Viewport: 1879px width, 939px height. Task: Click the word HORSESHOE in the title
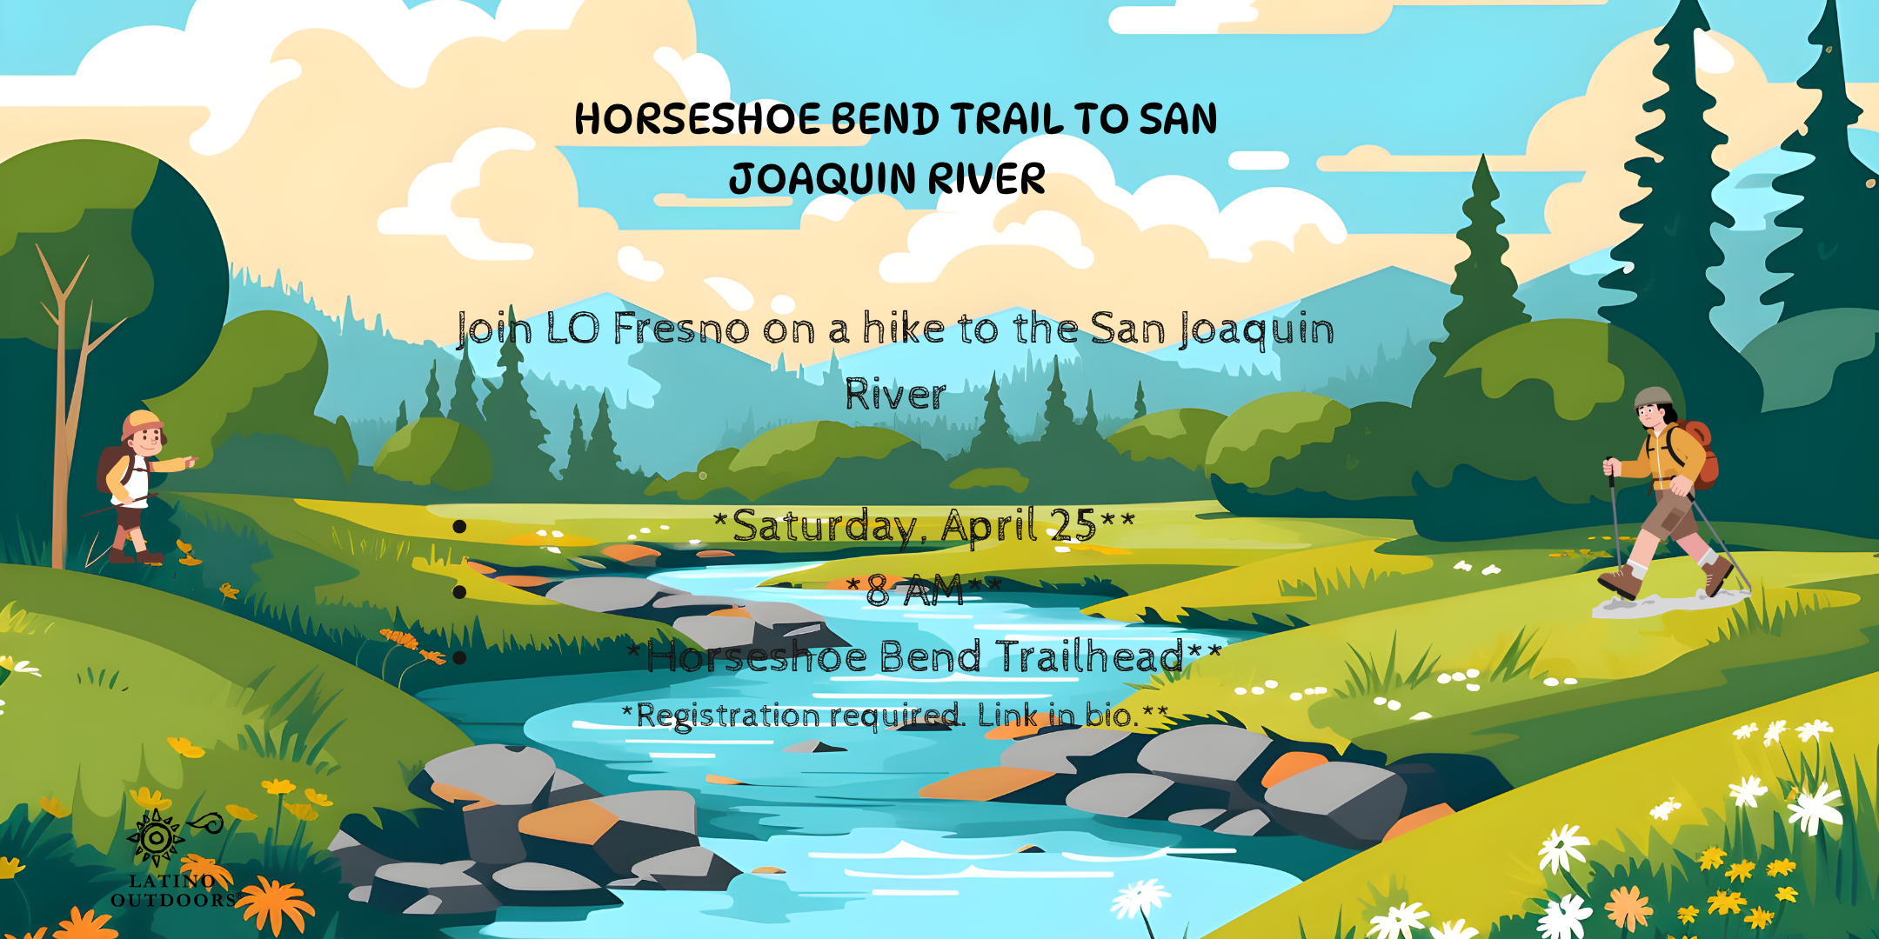697,119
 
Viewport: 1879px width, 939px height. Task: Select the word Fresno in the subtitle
681,329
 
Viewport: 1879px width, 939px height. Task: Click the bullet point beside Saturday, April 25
459,526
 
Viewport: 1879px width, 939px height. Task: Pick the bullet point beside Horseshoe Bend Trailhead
459,657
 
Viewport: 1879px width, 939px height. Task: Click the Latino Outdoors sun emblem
156,837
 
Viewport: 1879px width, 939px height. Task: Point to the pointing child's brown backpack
111,469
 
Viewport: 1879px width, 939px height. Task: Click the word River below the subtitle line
895,394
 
